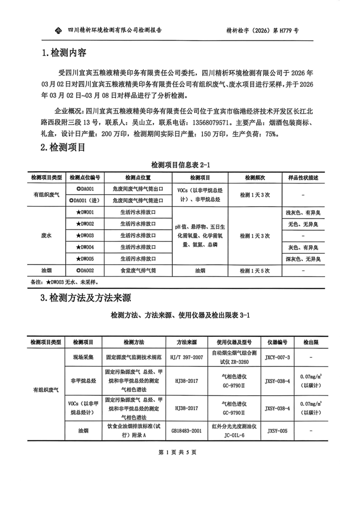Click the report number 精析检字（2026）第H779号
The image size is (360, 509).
tap(262, 31)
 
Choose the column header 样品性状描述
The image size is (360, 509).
tap(303, 178)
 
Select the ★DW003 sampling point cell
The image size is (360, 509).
tap(88, 235)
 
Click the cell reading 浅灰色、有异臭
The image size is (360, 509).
tap(303, 213)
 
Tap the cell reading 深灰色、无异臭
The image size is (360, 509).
tap(303, 259)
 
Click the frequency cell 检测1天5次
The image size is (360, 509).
tap(255, 271)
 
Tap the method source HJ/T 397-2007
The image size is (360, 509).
tap(187, 358)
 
